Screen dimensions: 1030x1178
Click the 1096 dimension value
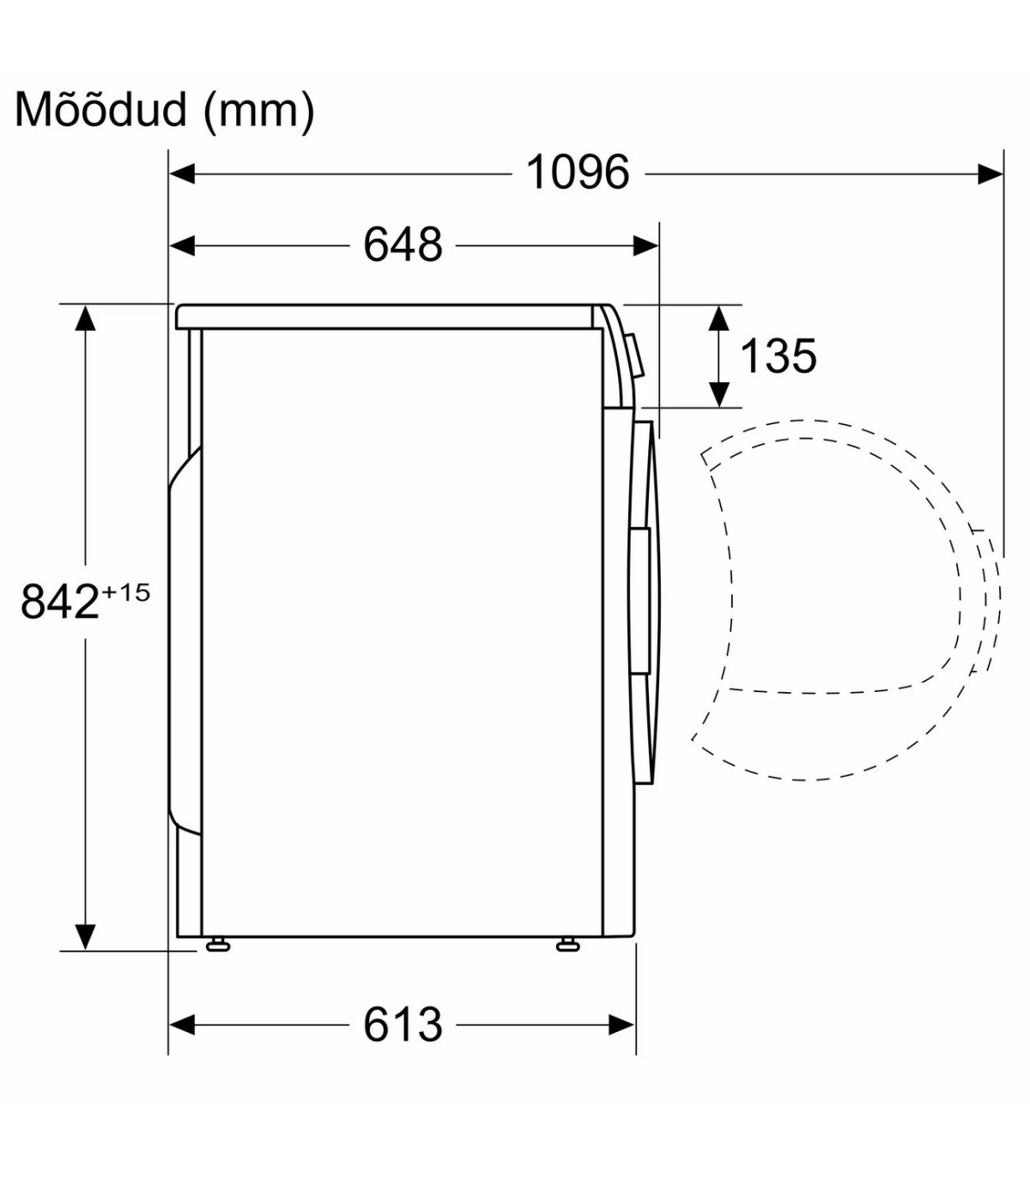click(x=577, y=173)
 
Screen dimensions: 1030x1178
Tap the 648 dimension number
click(x=403, y=245)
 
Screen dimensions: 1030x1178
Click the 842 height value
click(x=59, y=602)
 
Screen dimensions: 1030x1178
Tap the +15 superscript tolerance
click(x=125, y=592)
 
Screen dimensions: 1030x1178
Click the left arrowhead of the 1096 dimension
click(x=182, y=173)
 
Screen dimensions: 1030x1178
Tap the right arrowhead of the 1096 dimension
click(x=990, y=173)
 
